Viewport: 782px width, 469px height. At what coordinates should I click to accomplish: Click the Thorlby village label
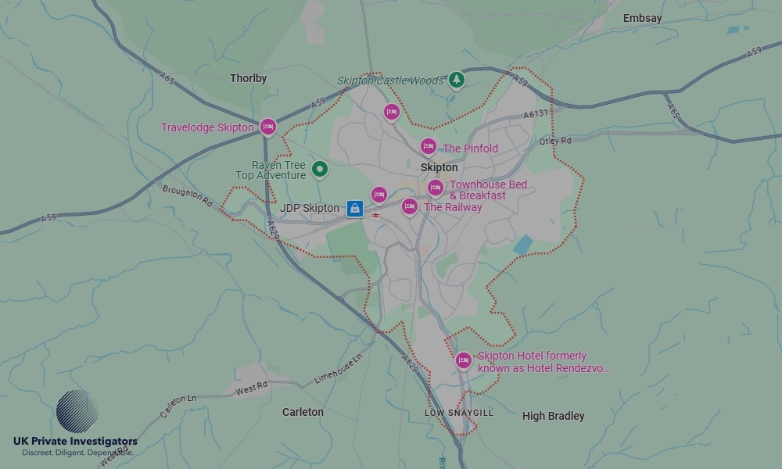pyautogui.click(x=248, y=78)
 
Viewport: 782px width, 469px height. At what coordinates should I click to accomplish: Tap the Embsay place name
pyautogui.click(x=642, y=18)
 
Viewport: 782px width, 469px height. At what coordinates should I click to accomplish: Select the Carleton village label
pyautogui.click(x=303, y=412)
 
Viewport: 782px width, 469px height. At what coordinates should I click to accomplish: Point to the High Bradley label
pyautogui.click(x=553, y=416)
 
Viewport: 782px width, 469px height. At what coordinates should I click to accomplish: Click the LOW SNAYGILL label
pyautogui.click(x=459, y=413)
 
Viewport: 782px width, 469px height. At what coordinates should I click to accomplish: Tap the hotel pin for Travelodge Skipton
pyautogui.click(x=268, y=126)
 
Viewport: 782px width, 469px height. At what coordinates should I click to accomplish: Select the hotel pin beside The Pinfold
pyautogui.click(x=428, y=146)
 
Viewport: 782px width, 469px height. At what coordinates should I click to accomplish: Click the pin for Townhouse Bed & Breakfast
pyautogui.click(x=436, y=188)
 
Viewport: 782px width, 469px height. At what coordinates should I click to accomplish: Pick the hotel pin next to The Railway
pyautogui.click(x=409, y=206)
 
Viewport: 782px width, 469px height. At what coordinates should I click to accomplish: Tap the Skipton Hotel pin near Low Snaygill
pyautogui.click(x=463, y=360)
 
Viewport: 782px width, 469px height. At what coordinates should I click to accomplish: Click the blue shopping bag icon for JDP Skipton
pyautogui.click(x=355, y=208)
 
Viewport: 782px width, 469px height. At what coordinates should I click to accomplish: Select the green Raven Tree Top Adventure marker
pyautogui.click(x=319, y=168)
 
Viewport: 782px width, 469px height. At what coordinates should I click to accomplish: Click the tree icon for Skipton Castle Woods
pyautogui.click(x=457, y=79)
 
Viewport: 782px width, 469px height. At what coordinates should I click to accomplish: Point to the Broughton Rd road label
pyautogui.click(x=187, y=196)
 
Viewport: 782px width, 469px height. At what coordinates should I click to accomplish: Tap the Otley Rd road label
pyautogui.click(x=555, y=141)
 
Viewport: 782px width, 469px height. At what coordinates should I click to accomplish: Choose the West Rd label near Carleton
pyautogui.click(x=251, y=386)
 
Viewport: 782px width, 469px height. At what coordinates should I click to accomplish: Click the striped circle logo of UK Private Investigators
pyautogui.click(x=77, y=411)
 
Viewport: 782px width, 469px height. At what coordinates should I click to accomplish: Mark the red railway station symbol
pyautogui.click(x=376, y=214)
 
